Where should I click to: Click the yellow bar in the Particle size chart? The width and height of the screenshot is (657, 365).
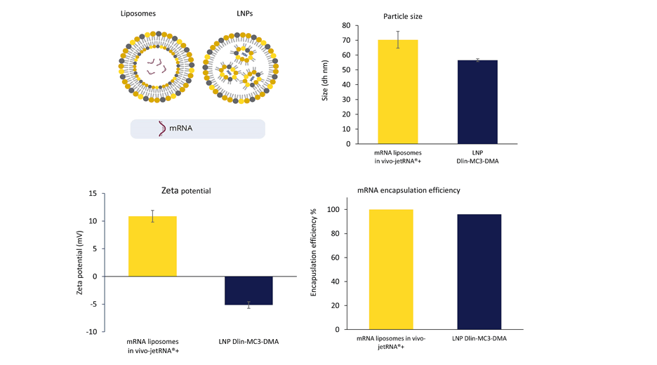click(x=397, y=91)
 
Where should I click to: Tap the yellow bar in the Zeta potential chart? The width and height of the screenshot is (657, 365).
click(x=152, y=246)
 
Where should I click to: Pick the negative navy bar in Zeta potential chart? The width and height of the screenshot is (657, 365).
click(x=248, y=290)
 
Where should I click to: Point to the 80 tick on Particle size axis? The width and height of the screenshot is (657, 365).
click(x=346, y=25)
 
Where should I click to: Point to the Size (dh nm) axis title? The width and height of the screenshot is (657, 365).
click(x=325, y=84)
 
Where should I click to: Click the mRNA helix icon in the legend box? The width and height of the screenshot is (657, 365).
click(x=163, y=128)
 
